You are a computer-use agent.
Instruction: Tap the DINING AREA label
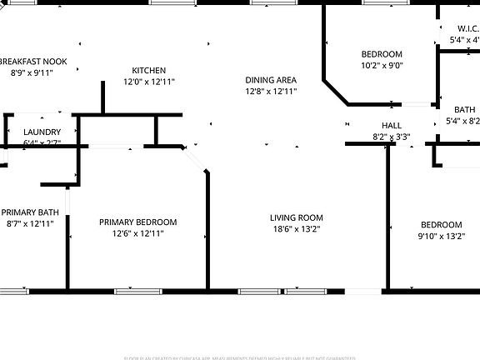click(271, 80)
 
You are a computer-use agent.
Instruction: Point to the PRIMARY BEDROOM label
click(137, 222)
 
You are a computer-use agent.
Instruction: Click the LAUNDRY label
click(42, 132)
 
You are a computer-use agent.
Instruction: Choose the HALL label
click(392, 125)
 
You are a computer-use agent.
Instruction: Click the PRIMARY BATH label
click(30, 212)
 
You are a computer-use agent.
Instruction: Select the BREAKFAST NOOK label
click(32, 61)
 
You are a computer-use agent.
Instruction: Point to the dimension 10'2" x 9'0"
click(382, 65)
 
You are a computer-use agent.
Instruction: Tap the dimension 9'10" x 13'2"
click(441, 236)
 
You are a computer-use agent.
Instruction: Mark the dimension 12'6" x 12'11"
click(137, 233)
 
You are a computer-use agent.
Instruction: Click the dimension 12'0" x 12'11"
click(150, 82)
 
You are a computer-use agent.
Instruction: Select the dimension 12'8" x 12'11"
click(271, 92)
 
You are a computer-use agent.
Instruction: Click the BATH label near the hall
click(465, 109)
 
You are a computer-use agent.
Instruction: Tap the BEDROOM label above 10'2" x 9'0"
click(382, 53)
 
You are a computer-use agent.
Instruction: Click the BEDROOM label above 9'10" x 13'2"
click(441, 224)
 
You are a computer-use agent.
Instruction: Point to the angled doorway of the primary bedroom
click(196, 160)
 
